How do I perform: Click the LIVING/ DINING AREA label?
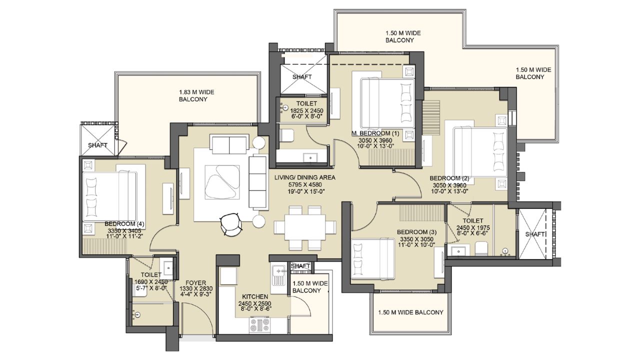tap(304, 177)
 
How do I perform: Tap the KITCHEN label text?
tap(255, 296)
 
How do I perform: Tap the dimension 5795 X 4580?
tap(304, 184)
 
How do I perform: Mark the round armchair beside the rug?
tap(230, 223)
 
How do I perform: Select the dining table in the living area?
tap(304, 228)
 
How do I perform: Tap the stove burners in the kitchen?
tap(259, 325)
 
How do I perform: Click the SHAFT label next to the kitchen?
tap(300, 266)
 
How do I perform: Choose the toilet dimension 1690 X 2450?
tap(150, 281)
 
